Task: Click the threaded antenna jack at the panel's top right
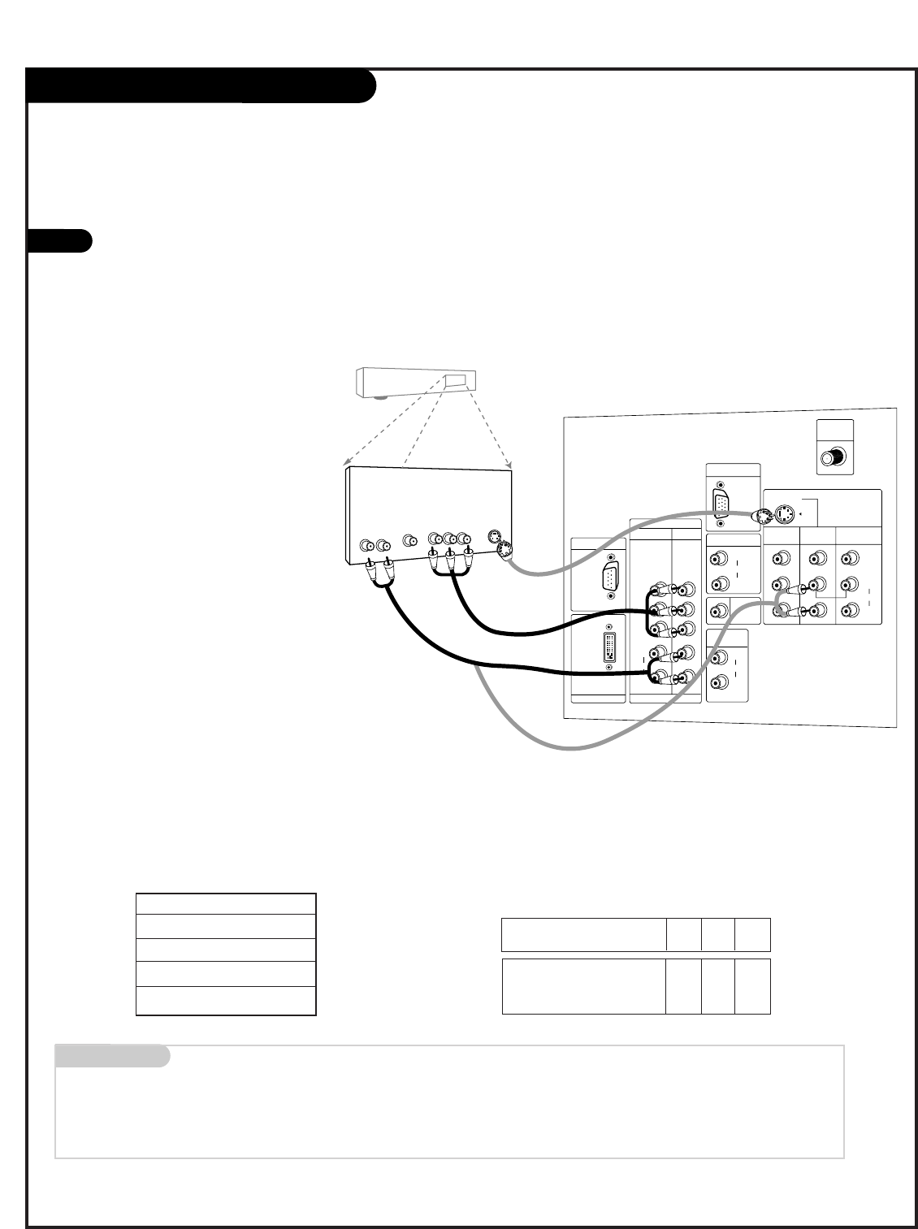[x=832, y=458]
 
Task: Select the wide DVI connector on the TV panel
[x=609, y=651]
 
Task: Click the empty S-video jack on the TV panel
[x=786, y=514]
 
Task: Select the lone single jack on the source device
[x=410, y=540]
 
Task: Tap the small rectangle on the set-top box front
[x=453, y=380]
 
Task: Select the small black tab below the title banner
[x=59, y=241]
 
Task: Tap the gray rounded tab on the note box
[x=112, y=1056]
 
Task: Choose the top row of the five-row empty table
[x=225, y=904]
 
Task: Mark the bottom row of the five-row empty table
[x=225, y=1001]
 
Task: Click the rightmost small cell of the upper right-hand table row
[x=752, y=935]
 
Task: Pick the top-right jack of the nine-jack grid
[x=850, y=558]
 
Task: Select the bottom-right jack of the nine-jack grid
[x=850, y=610]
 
